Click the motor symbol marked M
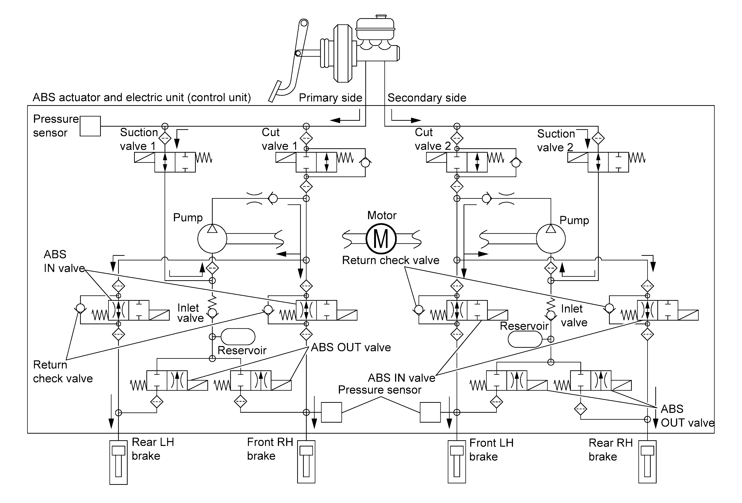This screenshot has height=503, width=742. [x=381, y=239]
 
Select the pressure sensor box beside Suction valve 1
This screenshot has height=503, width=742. [x=90, y=126]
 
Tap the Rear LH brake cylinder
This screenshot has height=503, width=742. [x=118, y=462]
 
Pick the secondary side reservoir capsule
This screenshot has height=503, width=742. [x=525, y=339]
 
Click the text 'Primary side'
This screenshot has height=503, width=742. [x=330, y=98]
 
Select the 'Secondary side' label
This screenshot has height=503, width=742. [x=427, y=98]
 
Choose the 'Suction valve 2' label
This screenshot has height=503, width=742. [x=556, y=140]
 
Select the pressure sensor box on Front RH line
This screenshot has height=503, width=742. [x=331, y=412]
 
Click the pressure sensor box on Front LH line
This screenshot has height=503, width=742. [x=430, y=412]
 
